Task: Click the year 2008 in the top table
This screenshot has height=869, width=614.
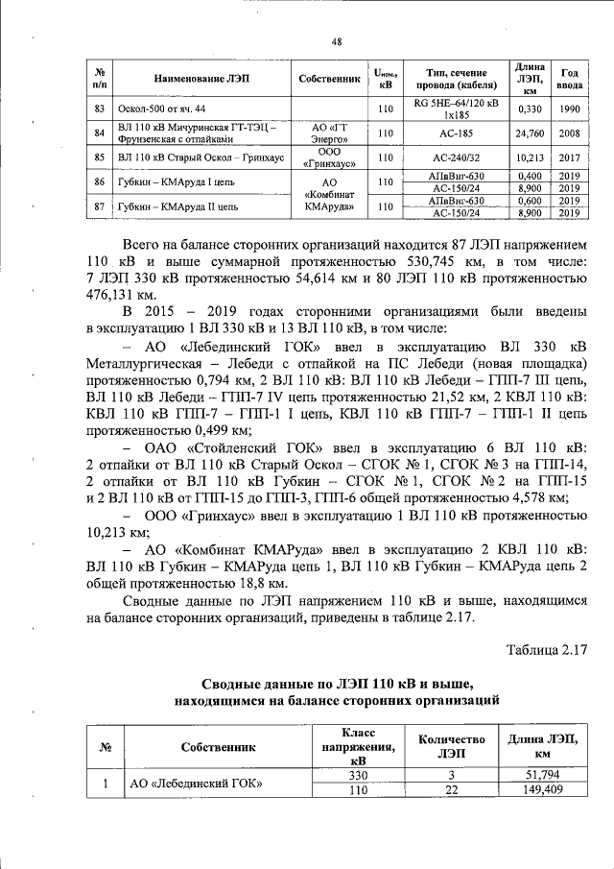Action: [x=570, y=133]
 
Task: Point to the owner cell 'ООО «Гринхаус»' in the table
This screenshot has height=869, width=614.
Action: [x=328, y=157]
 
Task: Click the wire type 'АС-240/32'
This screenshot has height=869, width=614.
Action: [x=455, y=157]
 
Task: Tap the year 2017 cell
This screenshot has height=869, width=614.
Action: [x=570, y=157]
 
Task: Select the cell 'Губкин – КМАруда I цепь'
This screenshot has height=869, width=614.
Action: [x=175, y=181]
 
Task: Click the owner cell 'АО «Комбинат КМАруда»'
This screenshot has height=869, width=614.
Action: [x=328, y=194]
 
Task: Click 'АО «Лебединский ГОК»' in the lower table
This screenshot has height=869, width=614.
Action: [x=197, y=784]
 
